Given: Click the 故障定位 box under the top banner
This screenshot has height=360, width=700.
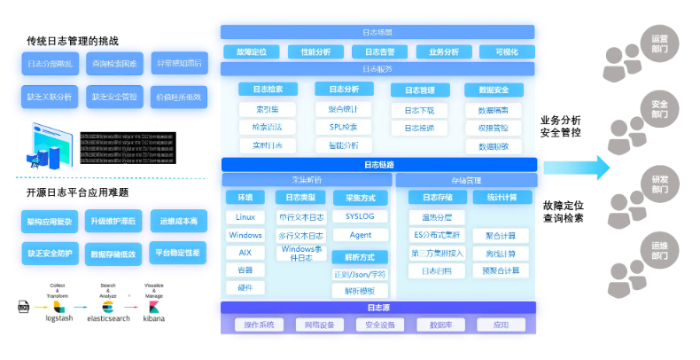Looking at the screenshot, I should click(x=252, y=51).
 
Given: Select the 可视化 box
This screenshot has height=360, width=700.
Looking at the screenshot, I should click(x=506, y=51).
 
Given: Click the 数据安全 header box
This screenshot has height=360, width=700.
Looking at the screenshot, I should click(x=494, y=90).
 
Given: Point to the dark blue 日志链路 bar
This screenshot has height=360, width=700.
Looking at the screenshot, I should click(x=379, y=164).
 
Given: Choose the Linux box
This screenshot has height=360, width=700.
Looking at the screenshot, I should click(x=245, y=217).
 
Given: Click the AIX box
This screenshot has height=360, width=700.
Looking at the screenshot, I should click(x=245, y=252).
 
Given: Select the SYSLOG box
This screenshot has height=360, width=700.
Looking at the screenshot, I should click(x=360, y=216).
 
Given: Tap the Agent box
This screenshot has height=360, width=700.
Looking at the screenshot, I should click(x=360, y=235).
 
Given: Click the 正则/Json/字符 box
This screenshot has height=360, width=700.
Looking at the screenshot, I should click(x=360, y=274).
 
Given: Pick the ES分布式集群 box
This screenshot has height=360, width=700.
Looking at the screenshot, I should click(x=437, y=235).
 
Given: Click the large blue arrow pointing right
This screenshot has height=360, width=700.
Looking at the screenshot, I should click(x=577, y=167).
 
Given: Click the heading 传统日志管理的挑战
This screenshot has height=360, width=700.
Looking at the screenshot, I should click(x=73, y=41).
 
